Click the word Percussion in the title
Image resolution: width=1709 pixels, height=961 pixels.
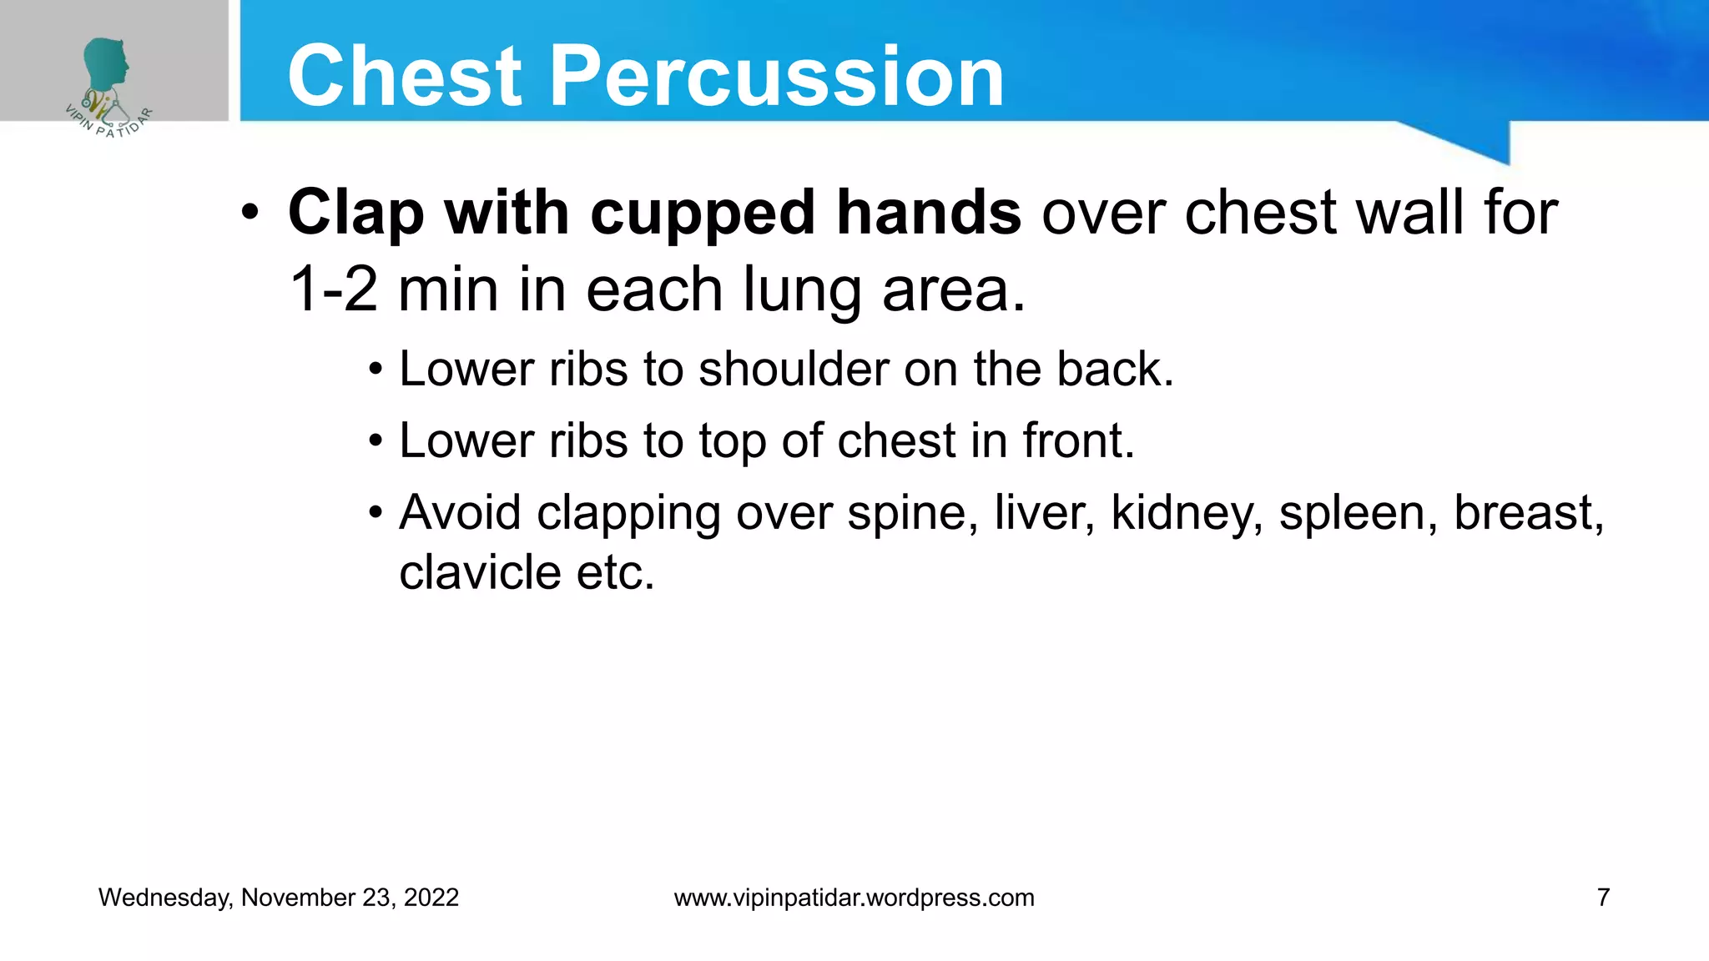776,77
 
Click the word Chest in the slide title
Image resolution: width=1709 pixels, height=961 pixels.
405,77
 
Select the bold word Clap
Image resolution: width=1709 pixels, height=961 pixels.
356,214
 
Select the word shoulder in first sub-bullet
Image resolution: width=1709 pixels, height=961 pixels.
793,369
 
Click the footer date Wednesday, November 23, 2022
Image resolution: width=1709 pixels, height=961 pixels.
279,898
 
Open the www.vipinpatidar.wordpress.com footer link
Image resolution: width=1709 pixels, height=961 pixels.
854,898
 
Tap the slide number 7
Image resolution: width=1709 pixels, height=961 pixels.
1602,898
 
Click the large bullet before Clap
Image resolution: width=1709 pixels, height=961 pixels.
250,214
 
